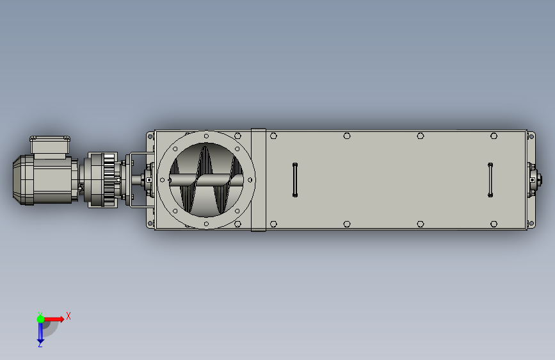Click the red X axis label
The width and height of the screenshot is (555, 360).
[68, 316]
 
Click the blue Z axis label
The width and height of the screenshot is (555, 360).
[40, 344]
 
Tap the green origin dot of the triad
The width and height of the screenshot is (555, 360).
[41, 319]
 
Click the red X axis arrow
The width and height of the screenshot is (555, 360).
[54, 319]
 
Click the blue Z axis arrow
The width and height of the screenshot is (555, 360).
[40, 332]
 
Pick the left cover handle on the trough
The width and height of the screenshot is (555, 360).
[295, 179]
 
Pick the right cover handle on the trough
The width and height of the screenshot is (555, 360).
[490, 179]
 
